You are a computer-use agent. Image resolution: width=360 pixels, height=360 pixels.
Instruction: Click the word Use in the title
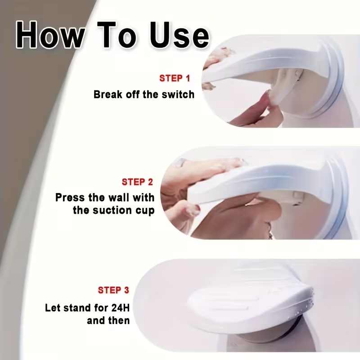(179, 36)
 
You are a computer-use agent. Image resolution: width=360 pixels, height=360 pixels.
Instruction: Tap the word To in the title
(117, 35)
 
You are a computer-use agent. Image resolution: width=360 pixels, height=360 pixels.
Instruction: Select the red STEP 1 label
(175, 78)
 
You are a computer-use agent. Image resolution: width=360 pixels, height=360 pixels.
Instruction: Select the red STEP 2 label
(137, 182)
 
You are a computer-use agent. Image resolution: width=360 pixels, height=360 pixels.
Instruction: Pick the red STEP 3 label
(113, 290)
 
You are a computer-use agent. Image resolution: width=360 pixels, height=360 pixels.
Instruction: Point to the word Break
(108, 94)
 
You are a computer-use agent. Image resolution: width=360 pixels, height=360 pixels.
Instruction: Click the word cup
(145, 211)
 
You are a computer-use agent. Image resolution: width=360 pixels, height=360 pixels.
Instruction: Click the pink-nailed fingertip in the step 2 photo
(193, 210)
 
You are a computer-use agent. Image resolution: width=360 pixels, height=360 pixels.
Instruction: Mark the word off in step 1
(132, 94)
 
